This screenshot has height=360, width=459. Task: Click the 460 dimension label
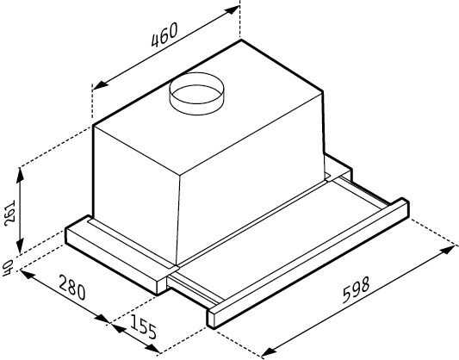(164, 34)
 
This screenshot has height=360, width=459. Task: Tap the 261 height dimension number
(10, 213)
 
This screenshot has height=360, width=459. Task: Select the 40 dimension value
(7, 268)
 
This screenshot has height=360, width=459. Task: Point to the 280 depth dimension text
(72, 287)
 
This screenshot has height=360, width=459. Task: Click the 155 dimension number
(143, 326)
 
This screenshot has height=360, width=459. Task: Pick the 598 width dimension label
(357, 289)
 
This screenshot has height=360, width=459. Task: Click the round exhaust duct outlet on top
(196, 94)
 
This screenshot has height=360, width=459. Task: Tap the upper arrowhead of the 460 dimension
(232, 10)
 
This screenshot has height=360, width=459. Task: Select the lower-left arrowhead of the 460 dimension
(101, 84)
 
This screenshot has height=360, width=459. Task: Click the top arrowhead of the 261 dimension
(20, 176)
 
